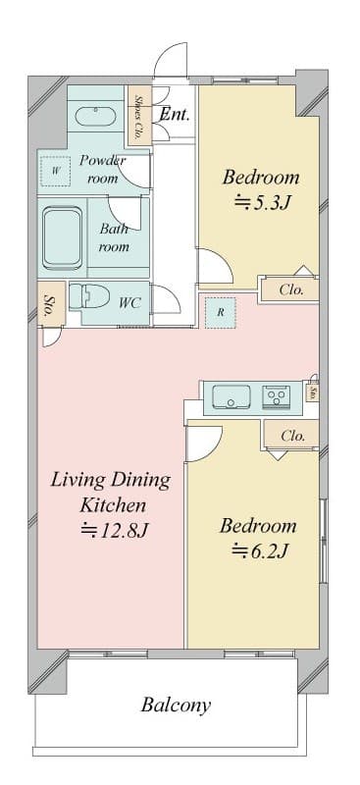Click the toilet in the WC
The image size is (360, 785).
pos(93,296)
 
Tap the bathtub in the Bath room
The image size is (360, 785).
pos(61,238)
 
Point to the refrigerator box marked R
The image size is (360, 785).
pos(221,312)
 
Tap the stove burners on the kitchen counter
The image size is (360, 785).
pos(277,397)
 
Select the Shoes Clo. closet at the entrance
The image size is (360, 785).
pos(139,116)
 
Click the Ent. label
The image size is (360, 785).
pos(174,115)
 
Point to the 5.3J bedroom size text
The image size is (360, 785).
pos(260,204)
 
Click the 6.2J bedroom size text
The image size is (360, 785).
pos(259,550)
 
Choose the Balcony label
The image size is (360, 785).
pos(176,705)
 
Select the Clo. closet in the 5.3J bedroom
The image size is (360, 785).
pos(290,289)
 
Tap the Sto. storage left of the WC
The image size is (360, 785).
pos(48,306)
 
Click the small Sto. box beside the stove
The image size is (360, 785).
pos(312,392)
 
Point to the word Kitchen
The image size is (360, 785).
pos(113,506)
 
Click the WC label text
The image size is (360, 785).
pos(129,303)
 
